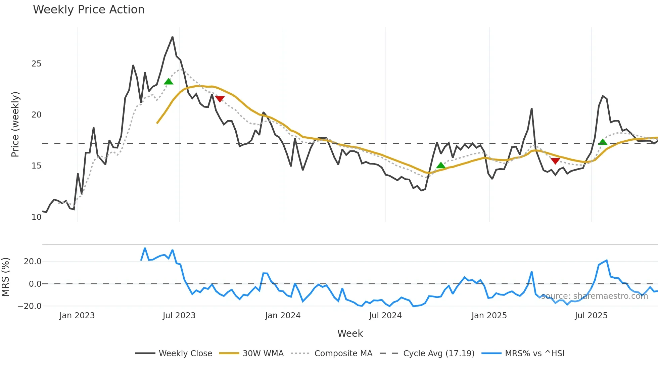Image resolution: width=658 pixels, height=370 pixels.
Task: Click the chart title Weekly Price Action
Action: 89,10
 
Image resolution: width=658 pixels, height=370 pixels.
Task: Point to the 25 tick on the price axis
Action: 36,64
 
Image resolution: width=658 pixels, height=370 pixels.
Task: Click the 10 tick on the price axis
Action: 36,217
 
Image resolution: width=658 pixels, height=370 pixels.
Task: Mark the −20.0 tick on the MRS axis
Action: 30,306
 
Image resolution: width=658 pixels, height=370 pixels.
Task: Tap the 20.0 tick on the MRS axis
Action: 32,262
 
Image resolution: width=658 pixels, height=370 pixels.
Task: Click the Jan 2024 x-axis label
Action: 283,316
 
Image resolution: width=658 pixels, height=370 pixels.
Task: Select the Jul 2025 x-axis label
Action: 591,316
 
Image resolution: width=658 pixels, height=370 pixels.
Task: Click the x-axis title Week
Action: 350,333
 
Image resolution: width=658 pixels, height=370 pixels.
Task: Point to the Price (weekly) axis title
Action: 15,124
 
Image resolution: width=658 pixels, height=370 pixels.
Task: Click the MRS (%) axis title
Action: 5,277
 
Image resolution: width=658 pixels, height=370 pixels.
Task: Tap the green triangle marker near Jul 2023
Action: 169,82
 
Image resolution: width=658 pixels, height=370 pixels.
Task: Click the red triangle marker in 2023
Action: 220,99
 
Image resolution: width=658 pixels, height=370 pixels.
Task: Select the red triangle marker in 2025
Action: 555,161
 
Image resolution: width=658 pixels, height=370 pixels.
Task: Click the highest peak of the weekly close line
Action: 173,37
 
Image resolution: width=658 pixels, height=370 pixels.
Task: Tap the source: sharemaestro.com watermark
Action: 594,296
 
